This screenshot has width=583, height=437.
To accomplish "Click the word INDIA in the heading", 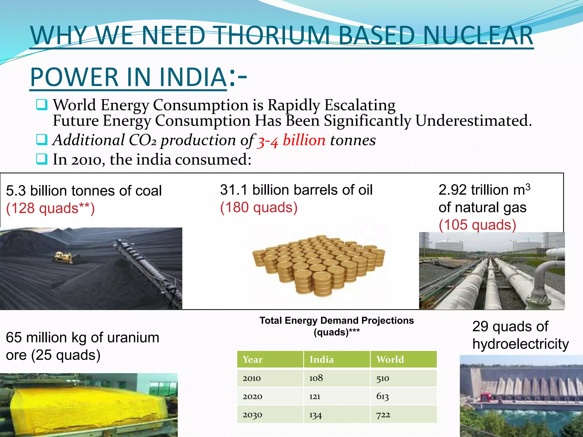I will pyautogui.click(x=192, y=77).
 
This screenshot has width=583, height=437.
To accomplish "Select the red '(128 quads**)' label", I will pyautogui.click(x=50, y=208).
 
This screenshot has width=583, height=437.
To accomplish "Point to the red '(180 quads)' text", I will pyautogui.click(x=258, y=207).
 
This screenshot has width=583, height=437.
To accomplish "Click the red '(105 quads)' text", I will pyautogui.click(x=477, y=225).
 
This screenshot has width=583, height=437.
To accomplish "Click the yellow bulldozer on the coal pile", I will pyautogui.click(x=63, y=257).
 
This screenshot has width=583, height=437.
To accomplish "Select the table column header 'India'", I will pyautogui.click(x=321, y=360).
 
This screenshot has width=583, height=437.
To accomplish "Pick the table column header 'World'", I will pyautogui.click(x=390, y=360).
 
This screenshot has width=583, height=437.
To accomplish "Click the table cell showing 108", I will pyautogui.click(x=316, y=378).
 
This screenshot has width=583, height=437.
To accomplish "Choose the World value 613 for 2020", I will pyautogui.click(x=382, y=396).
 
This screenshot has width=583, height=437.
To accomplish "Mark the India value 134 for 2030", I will pyautogui.click(x=315, y=415).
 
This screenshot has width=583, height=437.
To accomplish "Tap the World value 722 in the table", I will pyautogui.click(x=383, y=415).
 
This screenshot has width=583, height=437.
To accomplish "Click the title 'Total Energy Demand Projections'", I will pyautogui.click(x=336, y=321).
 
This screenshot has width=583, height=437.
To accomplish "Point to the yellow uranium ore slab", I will pyautogui.click(x=85, y=407).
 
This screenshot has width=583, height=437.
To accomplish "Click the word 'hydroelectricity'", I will pyautogui.click(x=520, y=344).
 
